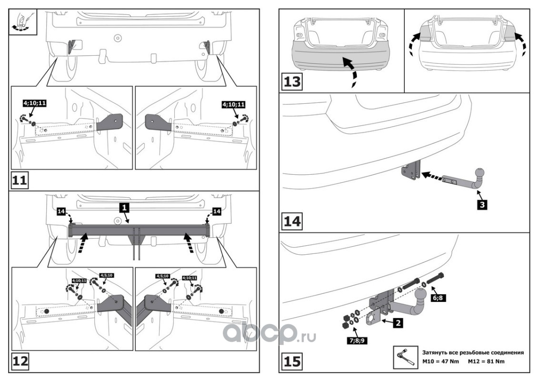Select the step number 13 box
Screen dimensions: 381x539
(292, 81)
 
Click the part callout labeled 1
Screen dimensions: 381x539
(123, 208)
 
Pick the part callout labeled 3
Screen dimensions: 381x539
(482, 205)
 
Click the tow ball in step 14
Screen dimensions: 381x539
(479, 172)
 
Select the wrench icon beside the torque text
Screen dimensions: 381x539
(404, 357)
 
